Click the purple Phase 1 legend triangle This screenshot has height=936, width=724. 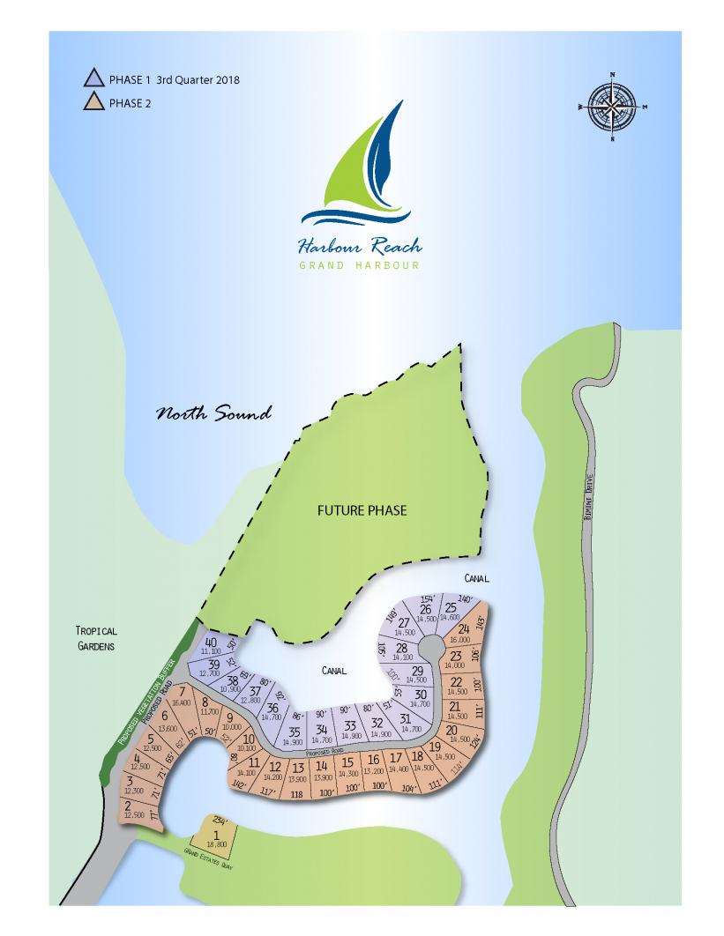94,79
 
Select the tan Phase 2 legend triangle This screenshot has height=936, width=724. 94,103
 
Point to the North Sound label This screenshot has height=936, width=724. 213,413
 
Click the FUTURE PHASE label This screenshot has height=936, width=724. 362,510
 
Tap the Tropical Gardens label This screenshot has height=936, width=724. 96,638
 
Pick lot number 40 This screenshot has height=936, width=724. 211,643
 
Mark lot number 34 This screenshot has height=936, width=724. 322,730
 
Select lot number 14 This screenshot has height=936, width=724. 322,767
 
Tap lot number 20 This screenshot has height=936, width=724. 452,730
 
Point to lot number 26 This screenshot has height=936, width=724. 425,610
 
